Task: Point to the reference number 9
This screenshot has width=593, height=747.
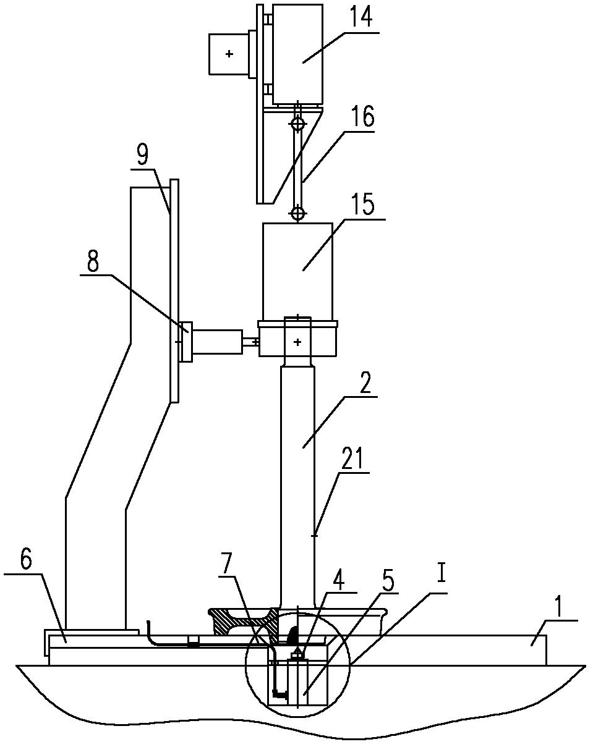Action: tap(142, 155)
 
